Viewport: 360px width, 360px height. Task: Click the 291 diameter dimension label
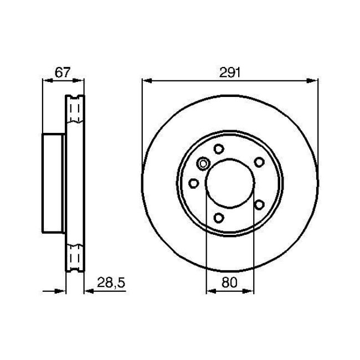click(x=230, y=72)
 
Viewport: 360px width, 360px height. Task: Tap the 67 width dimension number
click(x=61, y=72)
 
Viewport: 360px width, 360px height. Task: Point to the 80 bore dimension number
click(x=230, y=282)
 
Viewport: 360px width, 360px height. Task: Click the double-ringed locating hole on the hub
click(x=203, y=163)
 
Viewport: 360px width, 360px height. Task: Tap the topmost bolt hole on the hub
click(x=218, y=148)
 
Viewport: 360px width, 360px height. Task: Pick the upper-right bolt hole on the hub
click(x=259, y=161)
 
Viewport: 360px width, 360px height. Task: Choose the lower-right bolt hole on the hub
click(x=259, y=204)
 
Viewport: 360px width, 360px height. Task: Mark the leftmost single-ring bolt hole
click(x=193, y=183)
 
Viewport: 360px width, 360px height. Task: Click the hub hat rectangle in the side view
click(x=53, y=183)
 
